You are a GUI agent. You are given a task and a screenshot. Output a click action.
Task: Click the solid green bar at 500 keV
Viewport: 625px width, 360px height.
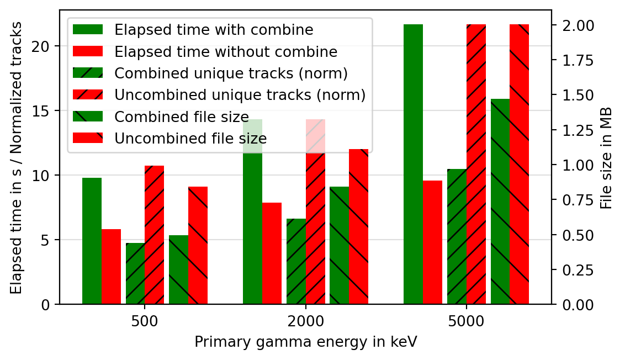click(92, 241)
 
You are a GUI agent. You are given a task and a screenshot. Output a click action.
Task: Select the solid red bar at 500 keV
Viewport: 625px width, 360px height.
click(111, 267)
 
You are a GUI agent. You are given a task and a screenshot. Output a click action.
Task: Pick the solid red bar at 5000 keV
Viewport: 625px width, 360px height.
click(432, 242)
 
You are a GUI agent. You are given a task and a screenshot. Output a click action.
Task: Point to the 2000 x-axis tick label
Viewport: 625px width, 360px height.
click(305, 321)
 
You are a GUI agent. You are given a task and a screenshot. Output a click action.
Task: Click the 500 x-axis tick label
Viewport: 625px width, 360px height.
click(145, 321)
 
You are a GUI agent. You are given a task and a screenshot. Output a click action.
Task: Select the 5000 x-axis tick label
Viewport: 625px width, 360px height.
click(467, 321)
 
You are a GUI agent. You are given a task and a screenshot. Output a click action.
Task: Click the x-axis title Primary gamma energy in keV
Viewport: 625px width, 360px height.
click(305, 342)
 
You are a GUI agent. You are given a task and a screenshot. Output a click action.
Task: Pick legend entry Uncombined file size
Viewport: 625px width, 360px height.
click(190, 138)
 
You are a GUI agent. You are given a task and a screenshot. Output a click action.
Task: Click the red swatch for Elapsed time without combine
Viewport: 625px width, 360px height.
click(88, 51)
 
